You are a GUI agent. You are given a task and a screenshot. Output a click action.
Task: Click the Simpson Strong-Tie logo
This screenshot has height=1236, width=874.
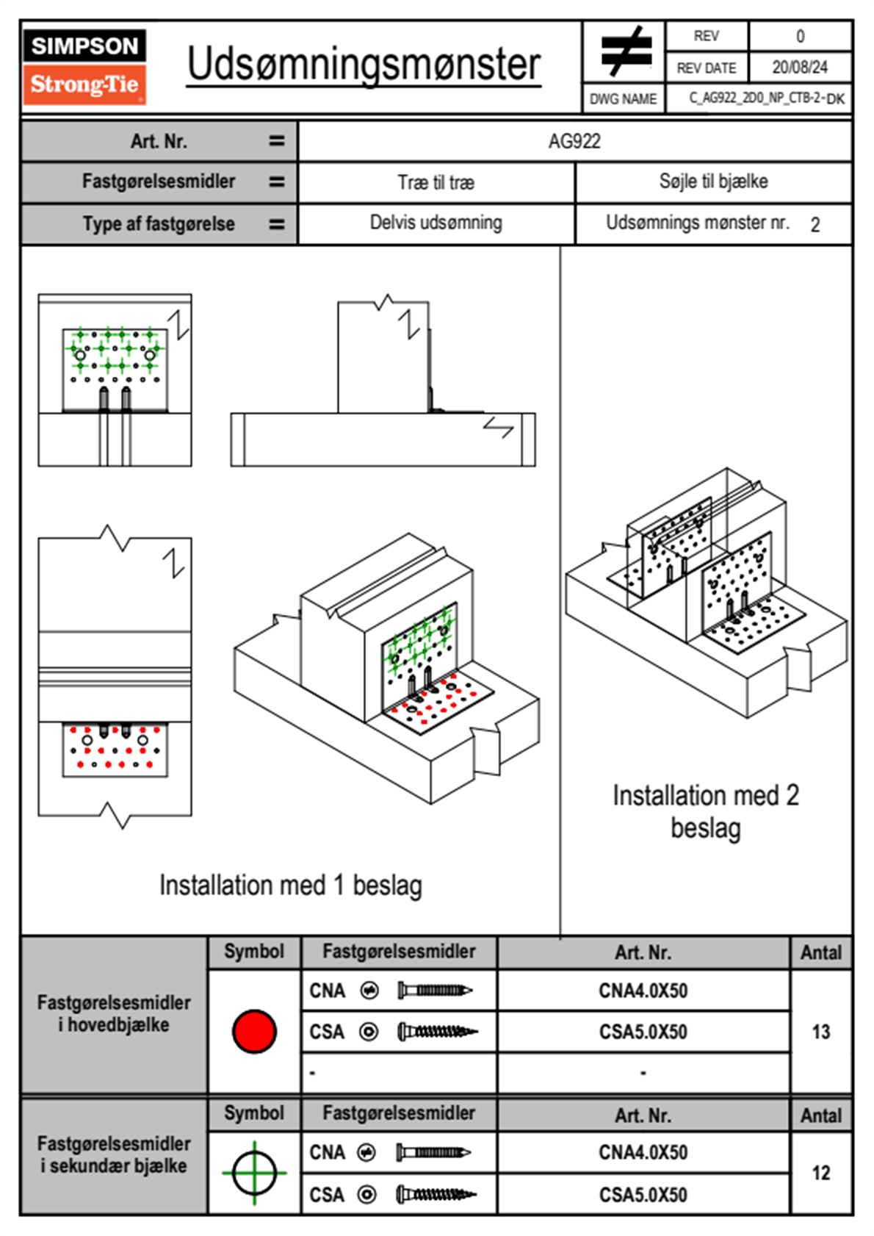[x=84, y=67]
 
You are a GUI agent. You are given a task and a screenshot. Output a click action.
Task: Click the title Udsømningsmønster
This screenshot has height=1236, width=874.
[x=364, y=65]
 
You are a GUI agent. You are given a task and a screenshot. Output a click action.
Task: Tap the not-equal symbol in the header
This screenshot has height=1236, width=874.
[x=626, y=51]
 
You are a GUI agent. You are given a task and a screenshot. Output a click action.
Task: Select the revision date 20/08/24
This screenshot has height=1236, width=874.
[x=799, y=68]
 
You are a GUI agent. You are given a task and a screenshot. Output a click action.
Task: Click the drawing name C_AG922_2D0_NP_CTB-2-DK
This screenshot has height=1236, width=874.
[x=766, y=98]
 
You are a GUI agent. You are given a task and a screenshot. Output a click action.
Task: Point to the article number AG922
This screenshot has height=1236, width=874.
[x=574, y=141]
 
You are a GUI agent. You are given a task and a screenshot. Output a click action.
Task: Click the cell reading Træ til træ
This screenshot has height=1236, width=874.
[x=436, y=182]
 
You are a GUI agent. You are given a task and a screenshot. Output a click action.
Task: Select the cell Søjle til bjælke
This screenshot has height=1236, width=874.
[x=713, y=182]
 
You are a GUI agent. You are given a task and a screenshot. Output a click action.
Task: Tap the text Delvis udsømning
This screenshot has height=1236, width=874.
[x=436, y=223]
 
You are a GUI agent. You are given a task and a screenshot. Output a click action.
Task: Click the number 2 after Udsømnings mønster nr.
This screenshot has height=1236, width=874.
[x=815, y=225]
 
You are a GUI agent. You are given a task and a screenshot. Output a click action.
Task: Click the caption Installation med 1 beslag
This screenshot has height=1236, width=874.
[x=290, y=885]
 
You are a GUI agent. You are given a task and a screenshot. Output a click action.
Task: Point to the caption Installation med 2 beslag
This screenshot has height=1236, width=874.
[x=705, y=811]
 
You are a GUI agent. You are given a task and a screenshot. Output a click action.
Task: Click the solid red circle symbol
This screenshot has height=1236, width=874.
[x=254, y=1031]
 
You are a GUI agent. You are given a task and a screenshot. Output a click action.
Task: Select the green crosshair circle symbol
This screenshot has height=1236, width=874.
[x=254, y=1173]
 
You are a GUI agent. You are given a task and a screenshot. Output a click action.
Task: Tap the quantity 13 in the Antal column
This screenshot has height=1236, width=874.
[x=820, y=1032]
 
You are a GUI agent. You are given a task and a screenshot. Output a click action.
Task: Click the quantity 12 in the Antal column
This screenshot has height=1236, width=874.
[x=820, y=1173]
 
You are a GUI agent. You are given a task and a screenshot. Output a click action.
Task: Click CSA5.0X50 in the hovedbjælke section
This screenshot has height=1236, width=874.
[x=643, y=1032]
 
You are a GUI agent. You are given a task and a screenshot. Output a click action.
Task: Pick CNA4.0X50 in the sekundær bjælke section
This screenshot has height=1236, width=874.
[x=643, y=1152]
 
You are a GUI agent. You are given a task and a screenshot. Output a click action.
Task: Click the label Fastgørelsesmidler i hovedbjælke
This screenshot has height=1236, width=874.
[x=114, y=1013]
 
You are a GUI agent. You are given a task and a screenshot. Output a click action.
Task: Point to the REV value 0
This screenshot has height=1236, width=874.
[x=800, y=36]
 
